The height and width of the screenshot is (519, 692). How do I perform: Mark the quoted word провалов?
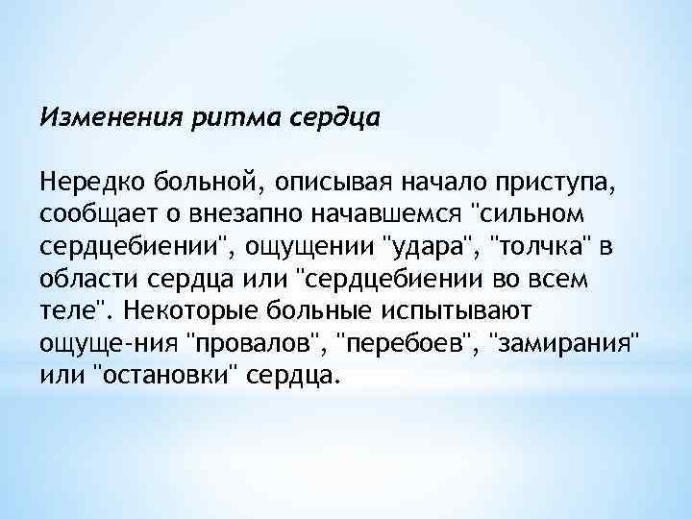click(x=251, y=343)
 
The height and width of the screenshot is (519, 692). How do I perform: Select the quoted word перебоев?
click(x=403, y=343)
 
